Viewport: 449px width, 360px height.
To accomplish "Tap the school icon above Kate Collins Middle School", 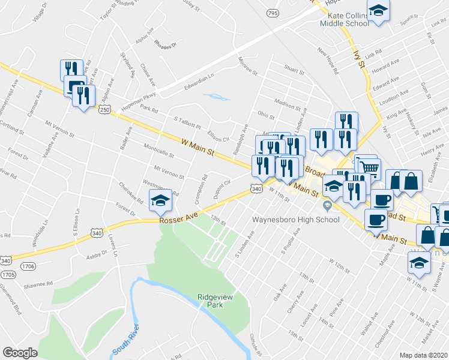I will pos(378,10).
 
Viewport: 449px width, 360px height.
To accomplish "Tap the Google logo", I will pos(20,353).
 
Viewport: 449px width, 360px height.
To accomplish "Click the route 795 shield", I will pos(273,13).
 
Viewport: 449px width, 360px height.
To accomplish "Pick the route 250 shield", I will pos(104,110).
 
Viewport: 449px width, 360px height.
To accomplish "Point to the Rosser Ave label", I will pos(175,220).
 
